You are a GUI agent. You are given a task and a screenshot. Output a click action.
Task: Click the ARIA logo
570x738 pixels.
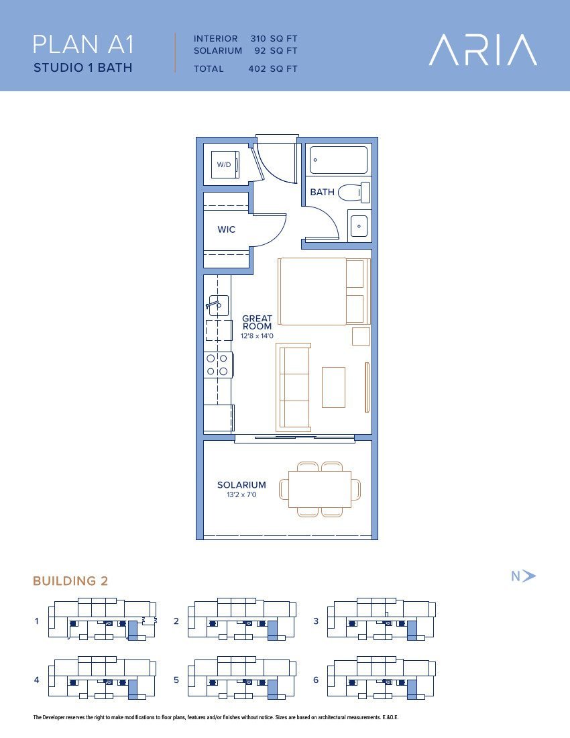(x=483, y=50)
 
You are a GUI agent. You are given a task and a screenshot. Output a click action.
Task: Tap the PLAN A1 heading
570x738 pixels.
(x=83, y=45)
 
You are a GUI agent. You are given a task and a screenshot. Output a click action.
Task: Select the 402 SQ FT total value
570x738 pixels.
(x=273, y=68)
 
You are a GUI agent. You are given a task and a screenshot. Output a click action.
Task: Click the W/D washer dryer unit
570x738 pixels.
(x=225, y=165)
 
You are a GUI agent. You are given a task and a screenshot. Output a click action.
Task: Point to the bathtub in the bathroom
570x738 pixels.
(x=339, y=160)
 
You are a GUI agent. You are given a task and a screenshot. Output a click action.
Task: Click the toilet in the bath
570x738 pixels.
(x=354, y=193)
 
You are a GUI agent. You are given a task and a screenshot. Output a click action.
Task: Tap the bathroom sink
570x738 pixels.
(x=359, y=226)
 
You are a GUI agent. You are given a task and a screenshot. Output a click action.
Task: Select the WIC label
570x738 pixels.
(x=226, y=229)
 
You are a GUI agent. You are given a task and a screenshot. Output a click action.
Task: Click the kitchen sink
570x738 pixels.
(x=218, y=305)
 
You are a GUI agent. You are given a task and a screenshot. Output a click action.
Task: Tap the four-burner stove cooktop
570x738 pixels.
(x=218, y=365)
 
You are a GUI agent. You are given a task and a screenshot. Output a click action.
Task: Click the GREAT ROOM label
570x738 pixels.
(x=257, y=323)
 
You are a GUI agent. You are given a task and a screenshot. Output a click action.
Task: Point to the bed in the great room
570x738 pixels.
(x=324, y=291)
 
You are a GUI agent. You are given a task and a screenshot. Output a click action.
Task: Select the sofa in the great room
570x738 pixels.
(x=294, y=387)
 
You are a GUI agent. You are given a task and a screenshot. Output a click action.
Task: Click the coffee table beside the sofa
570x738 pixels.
(x=333, y=387)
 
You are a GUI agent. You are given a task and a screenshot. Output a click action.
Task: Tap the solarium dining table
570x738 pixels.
(x=320, y=489)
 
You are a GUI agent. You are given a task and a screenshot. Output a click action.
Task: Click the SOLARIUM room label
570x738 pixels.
(x=241, y=485)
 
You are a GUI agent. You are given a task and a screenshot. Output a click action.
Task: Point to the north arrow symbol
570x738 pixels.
(x=528, y=576)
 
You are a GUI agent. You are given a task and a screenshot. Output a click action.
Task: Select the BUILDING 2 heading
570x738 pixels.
(x=70, y=581)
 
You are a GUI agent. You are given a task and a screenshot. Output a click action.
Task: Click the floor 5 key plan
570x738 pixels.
(x=242, y=678)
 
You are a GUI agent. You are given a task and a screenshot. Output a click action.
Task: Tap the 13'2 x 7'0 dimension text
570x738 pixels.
(x=241, y=494)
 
